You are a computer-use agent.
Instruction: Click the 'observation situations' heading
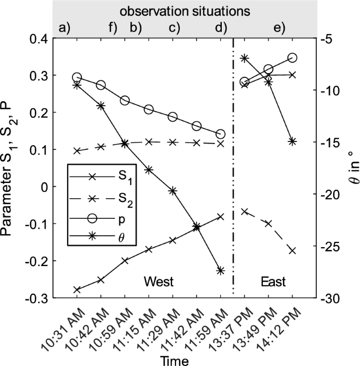click(183, 11)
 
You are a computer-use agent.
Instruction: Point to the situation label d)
click(221, 28)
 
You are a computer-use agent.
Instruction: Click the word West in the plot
click(159, 282)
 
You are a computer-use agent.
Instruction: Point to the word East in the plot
click(273, 282)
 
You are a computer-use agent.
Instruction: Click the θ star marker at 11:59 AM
click(220, 270)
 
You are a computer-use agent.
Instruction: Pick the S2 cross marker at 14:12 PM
click(292, 250)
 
